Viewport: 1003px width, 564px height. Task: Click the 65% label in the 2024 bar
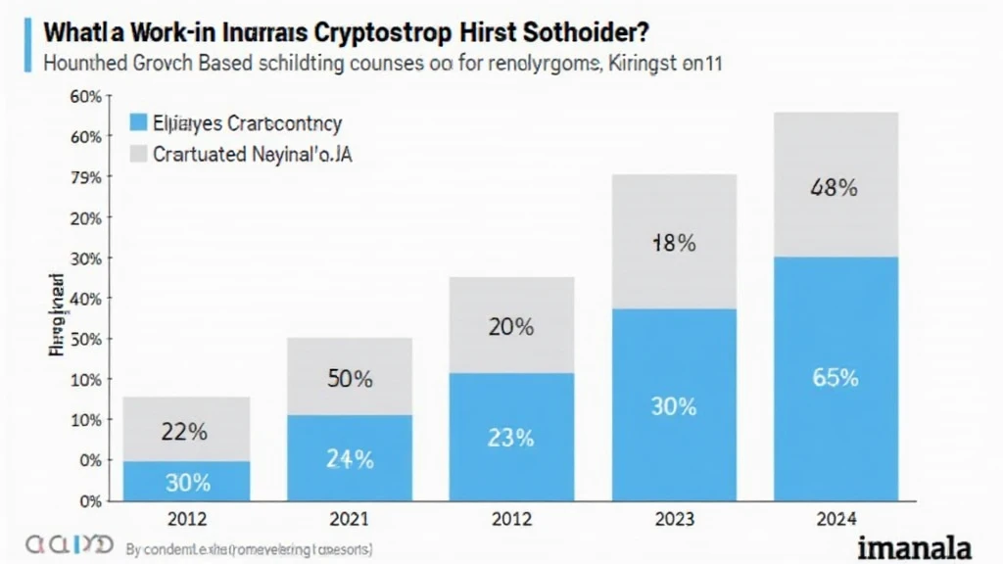[x=835, y=377]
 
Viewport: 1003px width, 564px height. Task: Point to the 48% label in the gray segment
[x=834, y=189]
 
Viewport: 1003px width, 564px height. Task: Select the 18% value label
[x=673, y=244]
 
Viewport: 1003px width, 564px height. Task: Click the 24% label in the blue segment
[x=349, y=457]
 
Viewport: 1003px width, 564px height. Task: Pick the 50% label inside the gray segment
[x=349, y=379]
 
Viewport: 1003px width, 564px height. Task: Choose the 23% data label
[x=510, y=438]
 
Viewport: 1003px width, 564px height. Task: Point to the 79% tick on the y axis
[x=87, y=178]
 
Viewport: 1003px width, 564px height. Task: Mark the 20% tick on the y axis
[x=87, y=217]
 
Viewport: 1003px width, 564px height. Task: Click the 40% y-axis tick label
[x=87, y=298]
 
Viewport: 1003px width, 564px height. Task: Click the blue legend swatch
[x=138, y=123]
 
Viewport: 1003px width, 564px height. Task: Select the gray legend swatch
[x=138, y=154]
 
